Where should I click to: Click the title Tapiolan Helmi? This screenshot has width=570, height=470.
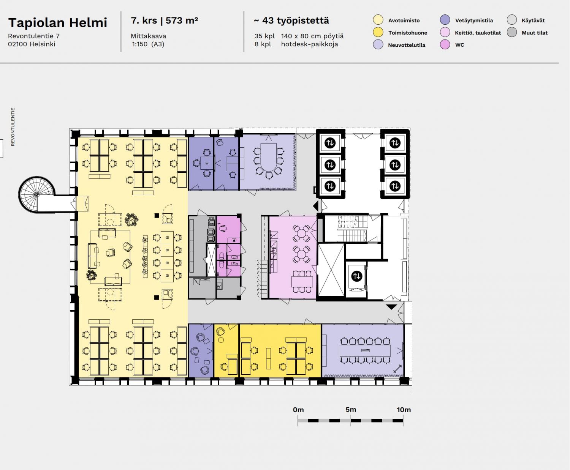point(58,23)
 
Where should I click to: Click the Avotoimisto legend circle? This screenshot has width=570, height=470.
point(378,20)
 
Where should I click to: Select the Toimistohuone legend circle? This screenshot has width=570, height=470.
point(378,32)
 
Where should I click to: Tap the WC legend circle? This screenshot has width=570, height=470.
point(445,44)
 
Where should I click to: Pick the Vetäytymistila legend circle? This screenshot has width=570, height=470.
point(445,20)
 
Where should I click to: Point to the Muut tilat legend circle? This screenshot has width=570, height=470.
point(512,32)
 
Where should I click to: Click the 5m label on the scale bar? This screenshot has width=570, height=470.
point(351,409)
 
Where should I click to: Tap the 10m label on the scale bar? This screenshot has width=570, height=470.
point(404,409)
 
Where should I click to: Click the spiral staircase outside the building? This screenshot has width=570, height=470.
point(36,194)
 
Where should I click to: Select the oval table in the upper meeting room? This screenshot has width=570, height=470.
point(269,160)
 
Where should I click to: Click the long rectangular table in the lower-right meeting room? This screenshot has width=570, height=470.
point(365,351)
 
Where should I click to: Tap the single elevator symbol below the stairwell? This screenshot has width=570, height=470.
point(356,276)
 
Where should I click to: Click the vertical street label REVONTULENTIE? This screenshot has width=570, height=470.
point(13,127)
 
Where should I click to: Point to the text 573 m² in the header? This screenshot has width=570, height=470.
point(182,21)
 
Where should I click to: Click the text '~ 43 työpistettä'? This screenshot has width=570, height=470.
point(291,21)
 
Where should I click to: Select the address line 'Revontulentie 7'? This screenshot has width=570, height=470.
point(33,36)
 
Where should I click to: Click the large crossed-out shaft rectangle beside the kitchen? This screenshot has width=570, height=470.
point(331,270)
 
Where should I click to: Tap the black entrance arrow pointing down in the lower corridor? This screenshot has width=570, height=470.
point(391,307)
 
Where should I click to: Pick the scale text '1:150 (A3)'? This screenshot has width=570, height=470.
point(148,44)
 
